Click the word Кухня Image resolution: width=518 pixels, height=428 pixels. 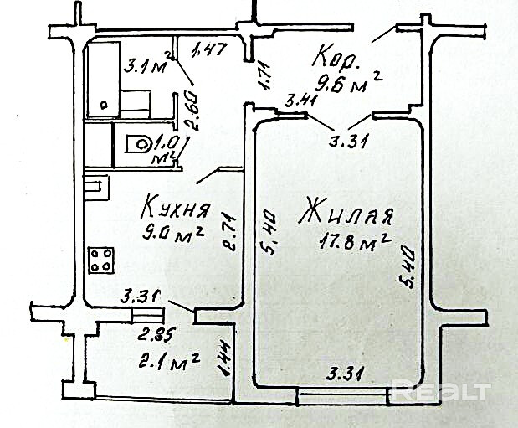tap(175, 205)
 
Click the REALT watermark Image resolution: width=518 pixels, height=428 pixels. tap(441, 390)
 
